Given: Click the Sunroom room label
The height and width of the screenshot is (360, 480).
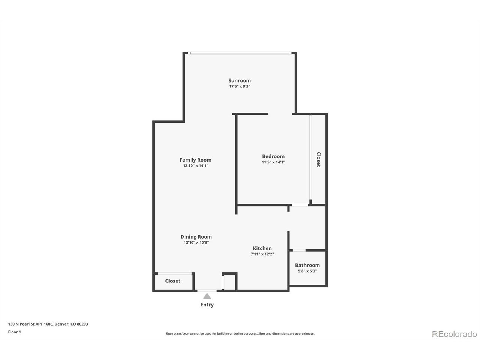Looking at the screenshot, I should pyautogui.click(x=240, y=80).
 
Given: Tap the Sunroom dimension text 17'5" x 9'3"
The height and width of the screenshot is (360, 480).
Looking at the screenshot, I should pyautogui.click(x=240, y=86).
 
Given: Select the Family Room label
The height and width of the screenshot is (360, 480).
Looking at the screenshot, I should pyautogui.click(x=195, y=160).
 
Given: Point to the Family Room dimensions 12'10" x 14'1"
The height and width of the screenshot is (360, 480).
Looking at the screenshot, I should pyautogui.click(x=195, y=166).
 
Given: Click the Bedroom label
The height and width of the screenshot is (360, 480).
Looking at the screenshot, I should pyautogui.click(x=273, y=156).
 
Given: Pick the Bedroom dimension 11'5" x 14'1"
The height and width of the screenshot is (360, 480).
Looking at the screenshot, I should pyautogui.click(x=273, y=162).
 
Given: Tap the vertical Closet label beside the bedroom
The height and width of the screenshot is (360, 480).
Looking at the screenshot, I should pyautogui.click(x=318, y=159).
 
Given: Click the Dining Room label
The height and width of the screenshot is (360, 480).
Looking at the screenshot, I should pyautogui.click(x=196, y=237).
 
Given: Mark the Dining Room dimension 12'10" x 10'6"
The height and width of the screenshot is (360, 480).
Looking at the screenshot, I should pyautogui.click(x=196, y=243).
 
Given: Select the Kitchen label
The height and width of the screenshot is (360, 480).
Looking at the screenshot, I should pyautogui.click(x=262, y=248).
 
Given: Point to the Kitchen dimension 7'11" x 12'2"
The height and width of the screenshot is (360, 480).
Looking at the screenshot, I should pyautogui.click(x=262, y=254).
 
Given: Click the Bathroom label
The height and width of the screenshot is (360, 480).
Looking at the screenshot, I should pyautogui.click(x=307, y=265).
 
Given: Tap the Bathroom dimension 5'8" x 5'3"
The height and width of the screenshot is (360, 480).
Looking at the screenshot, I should pyautogui.click(x=307, y=271).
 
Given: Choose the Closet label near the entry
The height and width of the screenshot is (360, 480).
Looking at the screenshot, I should pyautogui.click(x=172, y=281).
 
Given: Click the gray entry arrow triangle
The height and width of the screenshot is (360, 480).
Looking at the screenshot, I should pyautogui.click(x=207, y=296).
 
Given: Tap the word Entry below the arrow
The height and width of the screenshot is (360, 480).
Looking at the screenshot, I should pyautogui.click(x=207, y=305).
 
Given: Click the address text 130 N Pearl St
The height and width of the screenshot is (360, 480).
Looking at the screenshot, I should pyautogui.click(x=48, y=324).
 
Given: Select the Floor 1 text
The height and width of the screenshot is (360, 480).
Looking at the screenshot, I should pyautogui.click(x=15, y=332).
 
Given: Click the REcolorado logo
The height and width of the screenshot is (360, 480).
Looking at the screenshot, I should pyautogui.click(x=454, y=334).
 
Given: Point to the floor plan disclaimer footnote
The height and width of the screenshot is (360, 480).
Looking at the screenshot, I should pyautogui.click(x=240, y=333).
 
